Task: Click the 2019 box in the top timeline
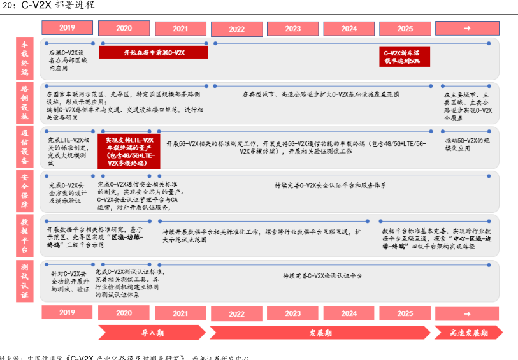(67, 28)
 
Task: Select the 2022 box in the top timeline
(236, 29)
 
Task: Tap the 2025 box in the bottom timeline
(405, 313)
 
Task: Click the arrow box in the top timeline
(466, 29)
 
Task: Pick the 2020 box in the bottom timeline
(124, 313)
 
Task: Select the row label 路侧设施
(25, 102)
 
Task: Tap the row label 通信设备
(25, 147)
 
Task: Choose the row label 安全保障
(25, 191)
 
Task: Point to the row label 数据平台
(25, 235)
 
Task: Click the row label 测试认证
(25, 280)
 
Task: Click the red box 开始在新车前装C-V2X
(153, 53)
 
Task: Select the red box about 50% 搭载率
(404, 57)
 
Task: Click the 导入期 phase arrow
(152, 333)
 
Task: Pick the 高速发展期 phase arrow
(468, 333)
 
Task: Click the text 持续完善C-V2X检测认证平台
(322, 276)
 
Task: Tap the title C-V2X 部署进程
(58, 6)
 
